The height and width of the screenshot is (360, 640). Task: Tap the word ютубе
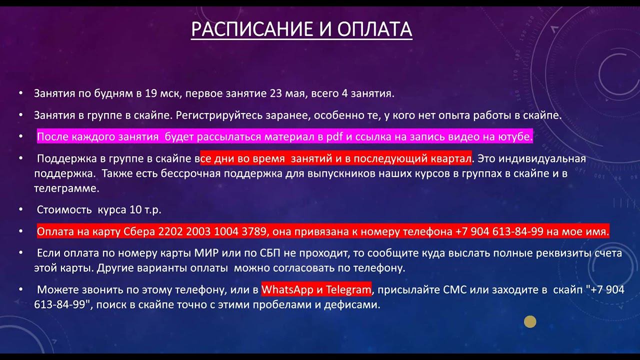click(515, 137)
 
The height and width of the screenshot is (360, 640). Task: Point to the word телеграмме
click(66, 188)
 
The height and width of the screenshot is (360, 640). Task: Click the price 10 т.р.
click(145, 210)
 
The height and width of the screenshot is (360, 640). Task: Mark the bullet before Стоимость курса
click(20, 210)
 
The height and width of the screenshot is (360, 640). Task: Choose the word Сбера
click(140, 231)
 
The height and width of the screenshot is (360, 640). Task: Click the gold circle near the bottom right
click(530, 321)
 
